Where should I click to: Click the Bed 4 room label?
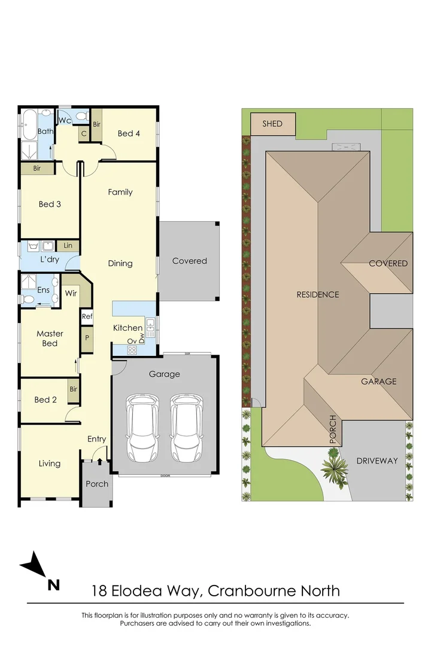tap(129, 133)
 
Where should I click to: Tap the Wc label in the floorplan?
tap(65, 120)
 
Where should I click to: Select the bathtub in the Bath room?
tap(29, 124)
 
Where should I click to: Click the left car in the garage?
tap(142, 428)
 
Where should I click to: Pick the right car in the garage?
tap(186, 428)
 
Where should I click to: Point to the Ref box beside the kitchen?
tap(87, 316)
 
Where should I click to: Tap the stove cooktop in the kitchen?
tap(132, 350)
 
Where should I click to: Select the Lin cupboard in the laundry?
tap(68, 246)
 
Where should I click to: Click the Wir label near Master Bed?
tap(71, 293)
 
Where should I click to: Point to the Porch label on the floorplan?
tap(97, 484)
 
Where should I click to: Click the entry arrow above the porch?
tap(99, 461)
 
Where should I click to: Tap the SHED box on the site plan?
tap(272, 124)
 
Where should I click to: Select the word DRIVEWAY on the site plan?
tap(377, 461)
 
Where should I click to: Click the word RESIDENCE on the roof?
tap(318, 294)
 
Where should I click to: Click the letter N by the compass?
tap(54, 584)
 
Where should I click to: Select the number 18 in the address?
tap(99, 591)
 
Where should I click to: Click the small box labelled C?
tap(84, 134)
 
